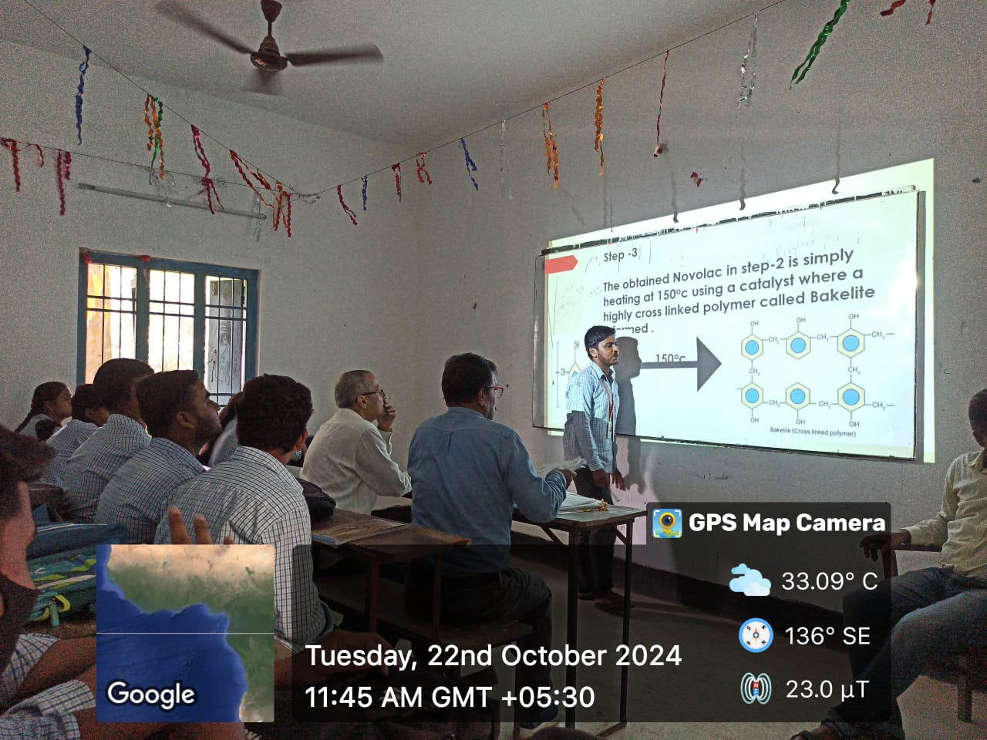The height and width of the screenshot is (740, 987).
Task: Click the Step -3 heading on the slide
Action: [x=620, y=255]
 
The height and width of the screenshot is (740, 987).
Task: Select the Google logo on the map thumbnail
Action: [x=151, y=694]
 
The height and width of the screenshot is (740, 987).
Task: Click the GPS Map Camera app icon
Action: [x=666, y=523]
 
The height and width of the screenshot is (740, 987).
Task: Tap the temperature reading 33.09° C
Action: [x=829, y=580]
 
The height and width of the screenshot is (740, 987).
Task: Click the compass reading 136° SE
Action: [x=827, y=636]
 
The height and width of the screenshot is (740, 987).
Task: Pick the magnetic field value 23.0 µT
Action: [x=827, y=688]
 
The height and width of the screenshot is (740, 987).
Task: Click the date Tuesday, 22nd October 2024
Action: [x=493, y=656]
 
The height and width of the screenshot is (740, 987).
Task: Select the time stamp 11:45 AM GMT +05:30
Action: [x=450, y=697]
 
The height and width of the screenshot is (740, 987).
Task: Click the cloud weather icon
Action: [x=749, y=580]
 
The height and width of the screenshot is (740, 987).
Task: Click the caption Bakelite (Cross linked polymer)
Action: [x=812, y=432]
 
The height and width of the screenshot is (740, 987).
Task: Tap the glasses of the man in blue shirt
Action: [x=494, y=391]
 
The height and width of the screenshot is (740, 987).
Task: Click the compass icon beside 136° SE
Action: [x=755, y=635]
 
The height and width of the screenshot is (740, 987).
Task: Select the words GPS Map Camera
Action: [x=787, y=523]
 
